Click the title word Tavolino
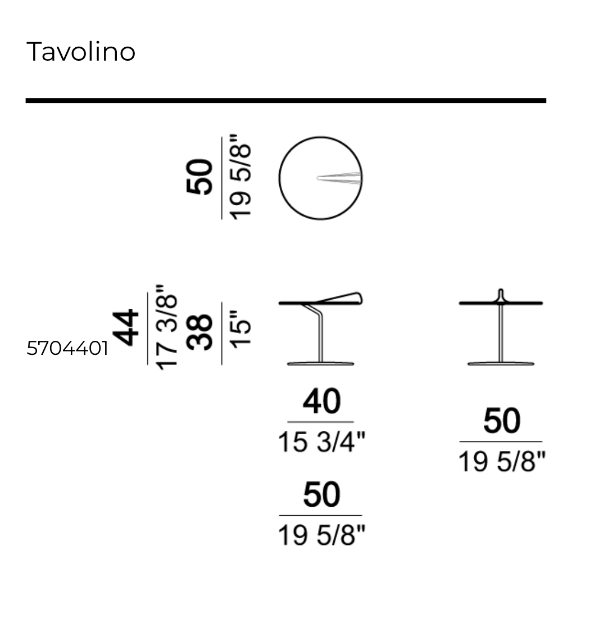point(81,52)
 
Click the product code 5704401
point(67,348)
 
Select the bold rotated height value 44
point(126,328)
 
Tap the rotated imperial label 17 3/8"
point(166,327)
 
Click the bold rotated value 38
point(200,332)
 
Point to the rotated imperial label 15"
point(240,330)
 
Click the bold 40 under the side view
point(321,402)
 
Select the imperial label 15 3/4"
point(321,442)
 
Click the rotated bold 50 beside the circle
point(199,177)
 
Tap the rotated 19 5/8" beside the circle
point(240,177)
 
